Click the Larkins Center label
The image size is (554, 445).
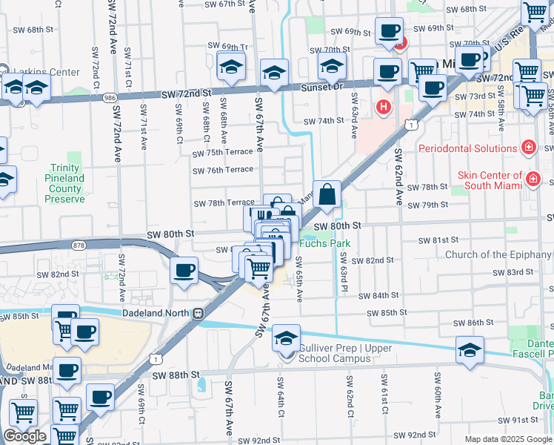[42, 73]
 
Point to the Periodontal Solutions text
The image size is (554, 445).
[467, 148]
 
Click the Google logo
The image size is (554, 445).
[24, 436]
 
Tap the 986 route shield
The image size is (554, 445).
[110, 97]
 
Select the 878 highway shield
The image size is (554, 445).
[79, 244]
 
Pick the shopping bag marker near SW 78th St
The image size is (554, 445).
[327, 196]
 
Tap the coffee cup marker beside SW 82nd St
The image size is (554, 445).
[184, 271]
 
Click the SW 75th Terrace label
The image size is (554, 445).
[223, 154]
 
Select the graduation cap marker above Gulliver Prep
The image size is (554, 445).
[286, 339]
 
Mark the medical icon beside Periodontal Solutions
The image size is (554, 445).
[528, 147]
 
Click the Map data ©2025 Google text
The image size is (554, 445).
[508, 439]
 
